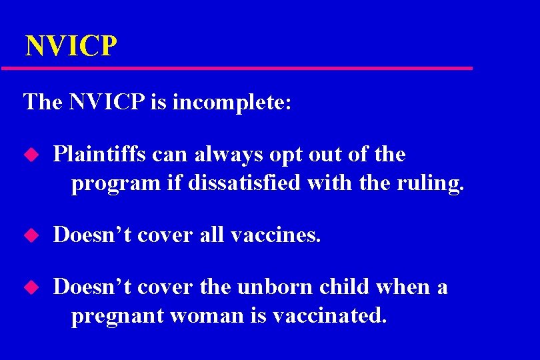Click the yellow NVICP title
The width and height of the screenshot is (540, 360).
(x=71, y=47)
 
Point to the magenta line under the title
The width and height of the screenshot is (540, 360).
(x=237, y=68)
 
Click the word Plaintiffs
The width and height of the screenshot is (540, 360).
(x=100, y=155)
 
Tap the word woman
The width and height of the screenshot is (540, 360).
(x=199, y=315)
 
